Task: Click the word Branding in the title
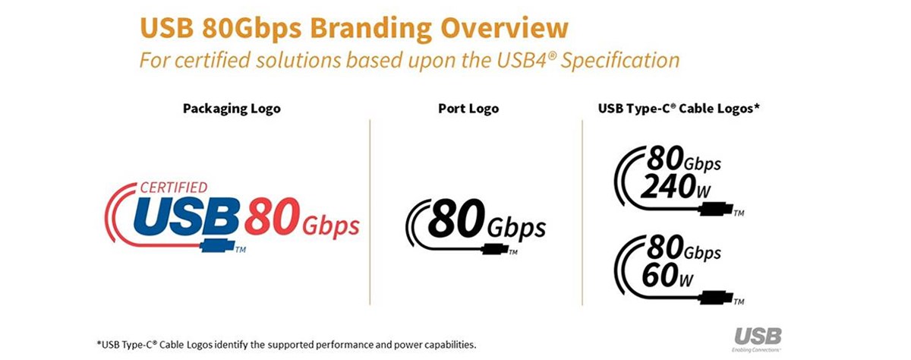[x=370, y=28]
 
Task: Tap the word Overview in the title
[x=504, y=27]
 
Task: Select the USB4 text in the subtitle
[x=522, y=60]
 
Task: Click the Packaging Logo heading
[x=232, y=109]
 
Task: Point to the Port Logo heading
[x=468, y=109]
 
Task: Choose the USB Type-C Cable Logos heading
[x=679, y=109]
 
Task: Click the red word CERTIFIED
[x=174, y=188]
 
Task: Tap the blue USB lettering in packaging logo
[x=186, y=217]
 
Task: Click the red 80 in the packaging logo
[x=273, y=216]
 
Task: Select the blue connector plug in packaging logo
[x=217, y=245]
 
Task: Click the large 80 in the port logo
[x=457, y=218]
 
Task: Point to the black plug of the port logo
[x=494, y=248]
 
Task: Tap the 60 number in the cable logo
[x=660, y=275]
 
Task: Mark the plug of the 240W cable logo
[x=715, y=209]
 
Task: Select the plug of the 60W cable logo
[x=715, y=298]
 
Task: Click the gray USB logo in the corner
[x=758, y=336]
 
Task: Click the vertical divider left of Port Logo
[x=370, y=212]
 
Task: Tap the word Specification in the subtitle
[x=619, y=60]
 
